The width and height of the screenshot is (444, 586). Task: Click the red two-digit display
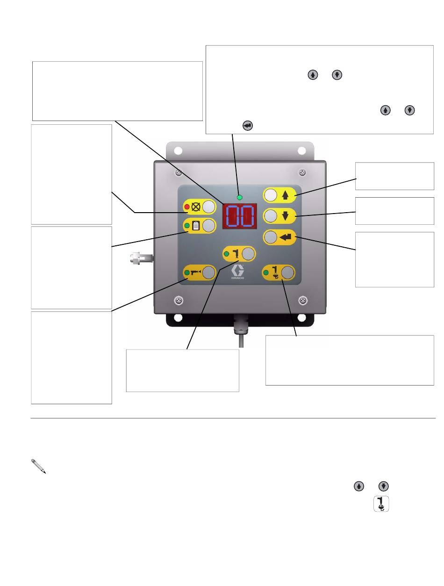coord(239,216)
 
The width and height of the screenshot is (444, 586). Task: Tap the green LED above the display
coord(239,198)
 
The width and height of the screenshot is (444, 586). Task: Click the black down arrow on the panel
coord(285,216)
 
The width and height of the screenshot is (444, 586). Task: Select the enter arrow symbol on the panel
coord(286,237)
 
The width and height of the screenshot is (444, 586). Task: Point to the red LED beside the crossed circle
coord(187,207)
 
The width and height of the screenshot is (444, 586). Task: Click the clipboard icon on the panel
coord(196,226)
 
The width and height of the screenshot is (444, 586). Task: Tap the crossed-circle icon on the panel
coord(196,207)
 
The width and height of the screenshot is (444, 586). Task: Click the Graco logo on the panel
coord(237,272)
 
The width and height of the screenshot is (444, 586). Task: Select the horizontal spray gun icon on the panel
coord(196,272)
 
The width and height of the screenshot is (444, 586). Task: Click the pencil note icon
coord(38,466)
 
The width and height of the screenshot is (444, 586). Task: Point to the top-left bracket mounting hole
coord(178,151)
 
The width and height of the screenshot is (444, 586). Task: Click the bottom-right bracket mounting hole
coord(301,318)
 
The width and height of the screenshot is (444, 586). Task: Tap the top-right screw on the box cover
coord(302,172)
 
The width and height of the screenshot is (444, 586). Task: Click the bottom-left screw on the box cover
coord(179,300)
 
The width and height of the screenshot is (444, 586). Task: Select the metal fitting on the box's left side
coord(142,258)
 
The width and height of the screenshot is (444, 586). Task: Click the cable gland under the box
coord(241,324)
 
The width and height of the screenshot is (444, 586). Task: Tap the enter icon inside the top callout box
coord(248,126)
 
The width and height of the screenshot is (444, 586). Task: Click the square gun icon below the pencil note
coord(381,504)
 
